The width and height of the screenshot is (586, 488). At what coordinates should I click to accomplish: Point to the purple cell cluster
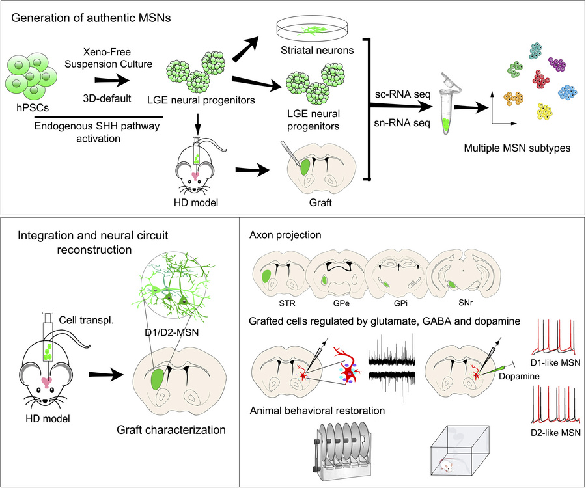tap(557, 64)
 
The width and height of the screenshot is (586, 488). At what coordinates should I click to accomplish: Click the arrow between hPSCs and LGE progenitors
tap(107, 81)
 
